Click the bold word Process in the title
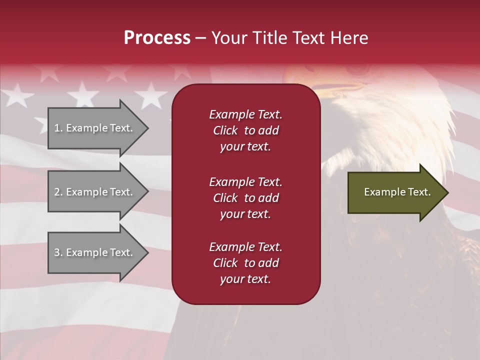(157, 38)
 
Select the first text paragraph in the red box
(245, 130)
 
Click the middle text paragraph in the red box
(245, 198)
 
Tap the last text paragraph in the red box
(245, 263)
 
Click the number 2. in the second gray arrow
(58, 192)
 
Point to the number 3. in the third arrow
(58, 252)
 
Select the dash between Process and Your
(201, 38)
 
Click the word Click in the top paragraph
(225, 130)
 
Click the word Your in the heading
(229, 38)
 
